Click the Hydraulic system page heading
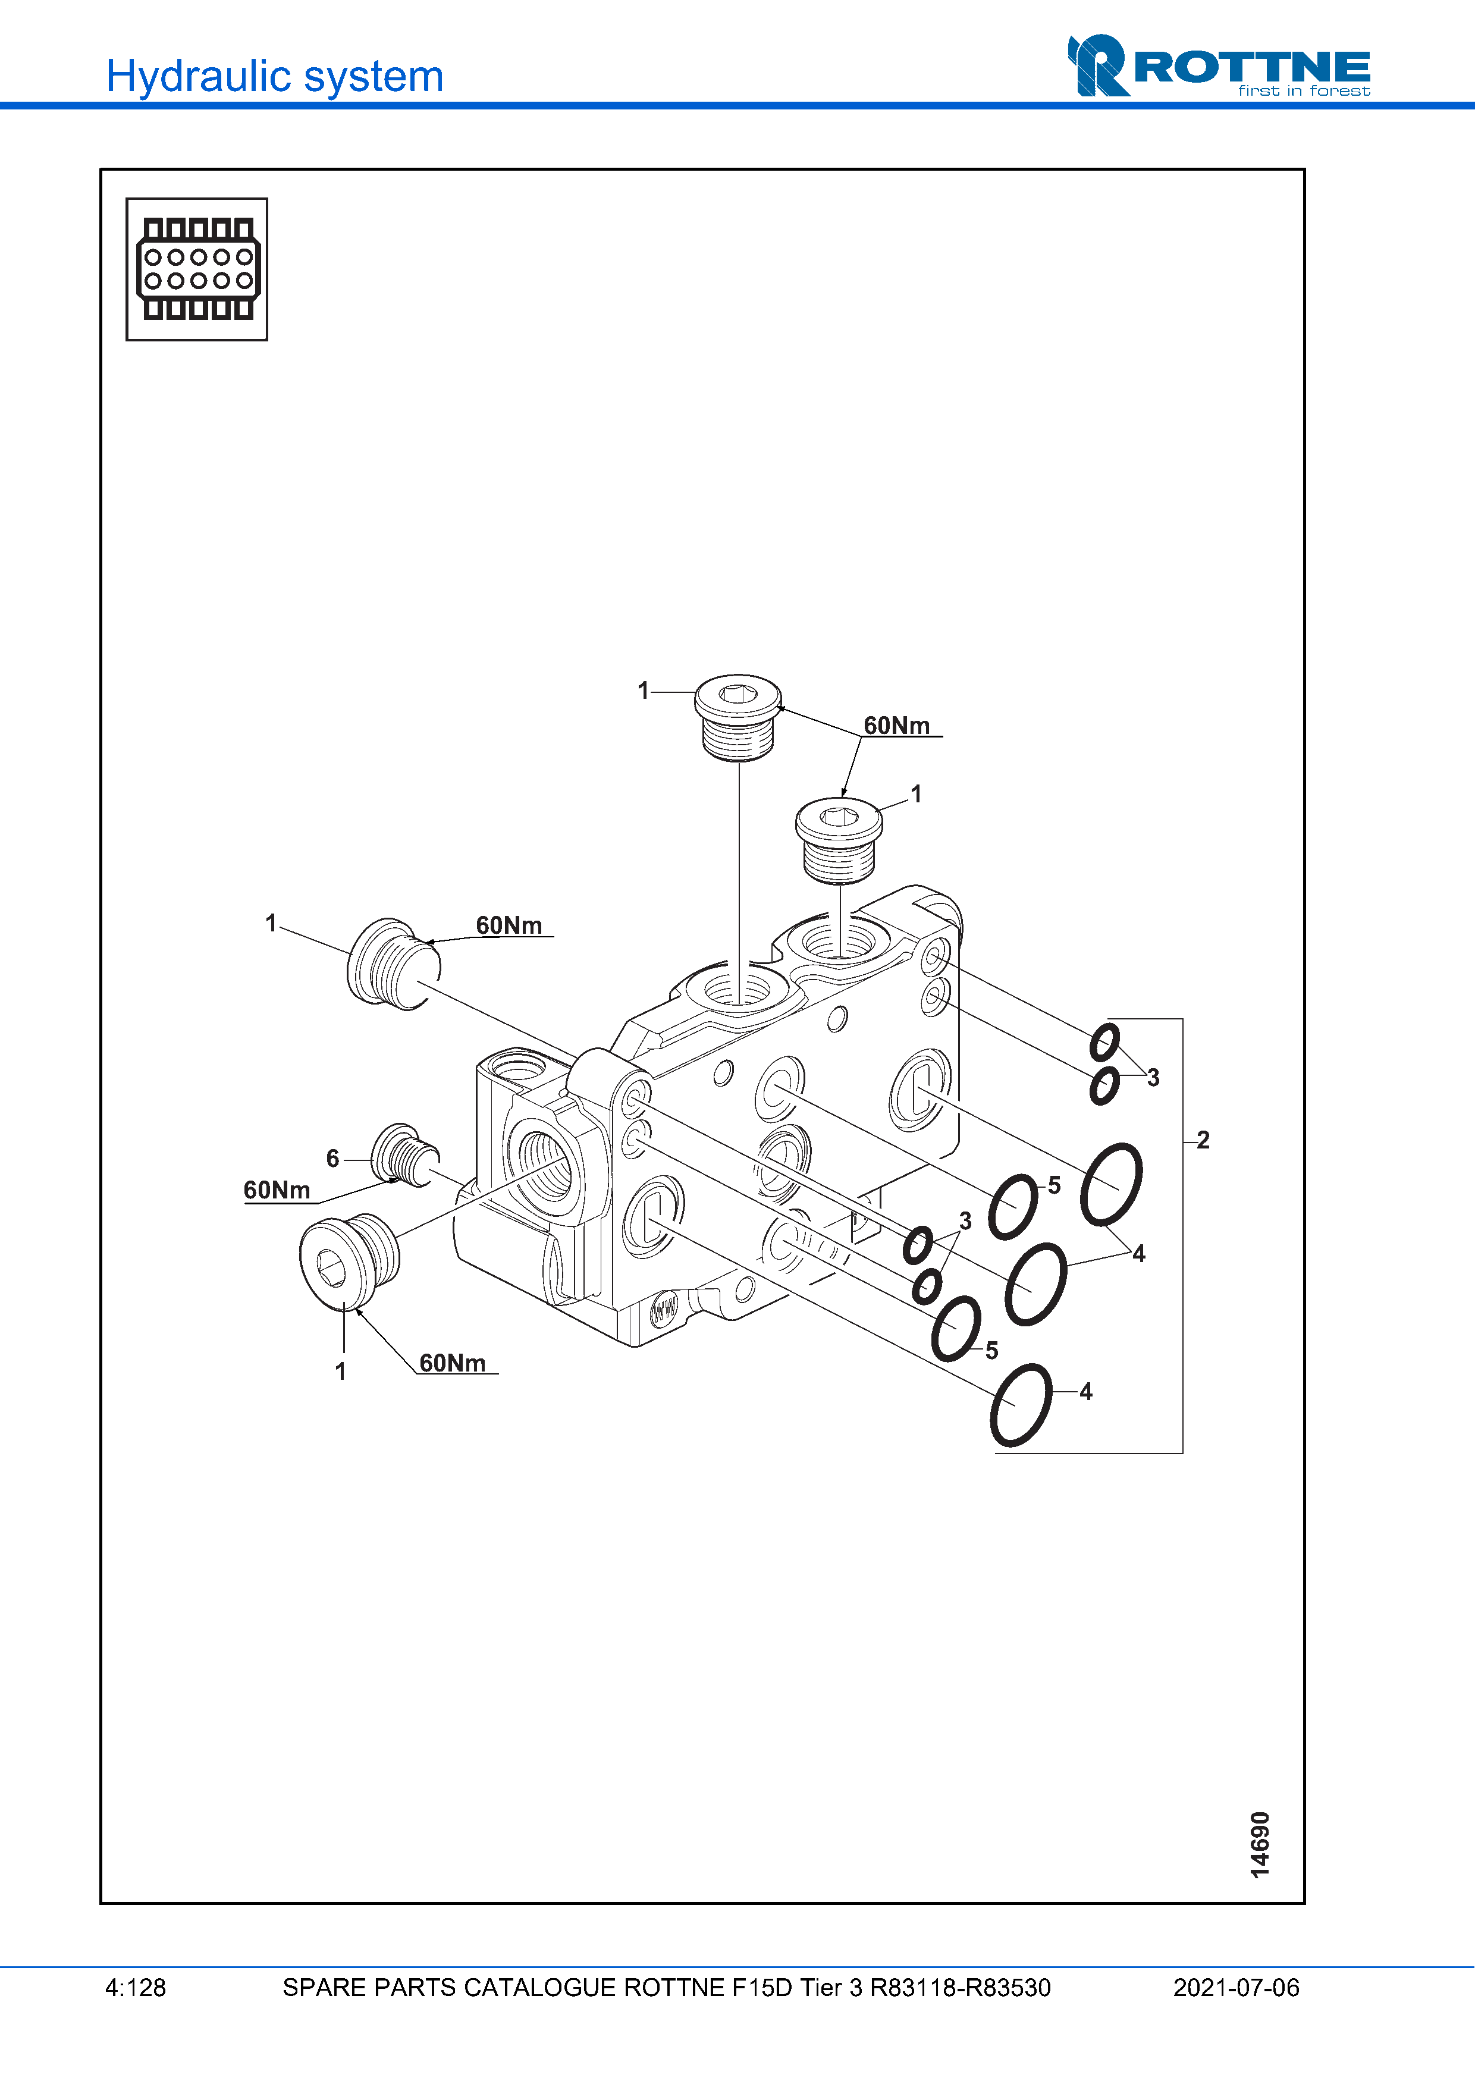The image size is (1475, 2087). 274,76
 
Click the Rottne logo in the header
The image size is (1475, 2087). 1219,67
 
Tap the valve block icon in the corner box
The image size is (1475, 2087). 197,269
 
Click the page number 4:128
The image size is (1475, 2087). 136,1988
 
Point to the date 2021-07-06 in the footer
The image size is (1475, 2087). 1235,1988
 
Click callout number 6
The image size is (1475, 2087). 332,1158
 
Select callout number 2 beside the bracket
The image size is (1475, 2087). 1203,1140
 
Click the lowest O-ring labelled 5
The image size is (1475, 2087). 956,1328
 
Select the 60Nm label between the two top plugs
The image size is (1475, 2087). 896,726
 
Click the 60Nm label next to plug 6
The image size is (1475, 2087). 277,1190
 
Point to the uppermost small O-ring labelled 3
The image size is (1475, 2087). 1105,1041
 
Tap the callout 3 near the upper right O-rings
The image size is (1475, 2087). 1153,1078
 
